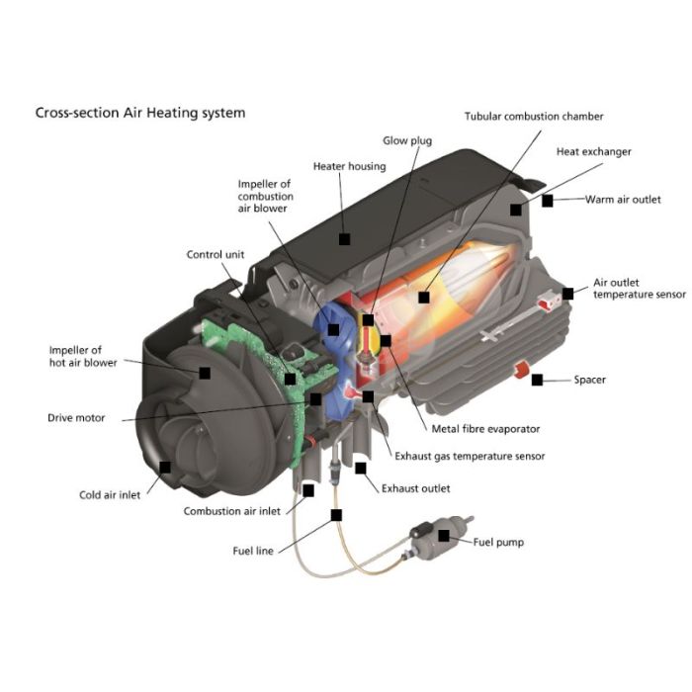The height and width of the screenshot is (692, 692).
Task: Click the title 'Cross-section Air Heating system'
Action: (140, 113)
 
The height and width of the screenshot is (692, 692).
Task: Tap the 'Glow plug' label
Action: (407, 141)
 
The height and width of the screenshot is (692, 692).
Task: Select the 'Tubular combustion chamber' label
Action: (534, 117)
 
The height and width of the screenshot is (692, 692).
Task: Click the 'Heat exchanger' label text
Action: (593, 152)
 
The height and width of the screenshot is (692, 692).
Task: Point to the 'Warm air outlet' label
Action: (623, 200)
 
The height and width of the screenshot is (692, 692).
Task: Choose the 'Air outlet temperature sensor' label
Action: (639, 288)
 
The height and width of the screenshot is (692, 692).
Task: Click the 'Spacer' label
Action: (589, 380)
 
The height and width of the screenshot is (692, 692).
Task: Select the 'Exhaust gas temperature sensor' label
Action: (470, 457)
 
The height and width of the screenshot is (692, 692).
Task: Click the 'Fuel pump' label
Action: (498, 542)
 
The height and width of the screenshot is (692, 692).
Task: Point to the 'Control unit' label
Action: (215, 255)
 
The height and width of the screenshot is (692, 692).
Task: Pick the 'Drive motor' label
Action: (76, 418)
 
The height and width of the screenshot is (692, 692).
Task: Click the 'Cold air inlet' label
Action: (110, 495)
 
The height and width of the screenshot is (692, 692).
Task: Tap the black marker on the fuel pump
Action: (444, 536)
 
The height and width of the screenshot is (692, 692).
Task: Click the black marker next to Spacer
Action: (537, 380)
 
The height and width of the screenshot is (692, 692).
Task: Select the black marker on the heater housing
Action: (344, 238)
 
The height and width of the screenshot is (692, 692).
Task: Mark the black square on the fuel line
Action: (336, 514)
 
